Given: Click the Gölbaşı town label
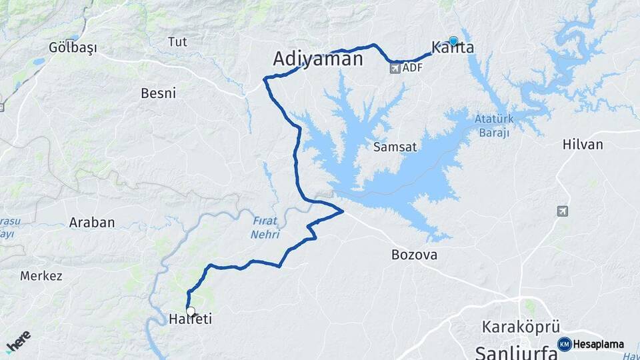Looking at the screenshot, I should coord(73,47).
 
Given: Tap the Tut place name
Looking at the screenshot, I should coord(177,42).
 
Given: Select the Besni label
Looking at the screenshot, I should coord(158,93).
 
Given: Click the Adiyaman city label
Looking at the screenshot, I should coord(317,59).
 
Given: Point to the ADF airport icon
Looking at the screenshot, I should coord(394,68).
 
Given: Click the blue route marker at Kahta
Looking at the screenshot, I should coord(453,41).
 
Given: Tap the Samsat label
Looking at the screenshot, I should coord(391,146).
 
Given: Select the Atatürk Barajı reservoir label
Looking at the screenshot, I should coord(492,126).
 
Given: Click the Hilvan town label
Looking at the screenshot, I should coord(582,144).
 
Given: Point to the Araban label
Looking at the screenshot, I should coord(92,223).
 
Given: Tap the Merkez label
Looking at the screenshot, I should coord(41,275).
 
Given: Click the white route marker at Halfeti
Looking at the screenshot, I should coord(191,311).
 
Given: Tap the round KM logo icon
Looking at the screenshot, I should coord(564,344).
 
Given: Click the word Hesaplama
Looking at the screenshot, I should coord(599,345).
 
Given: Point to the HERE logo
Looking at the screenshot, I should coord(19,341).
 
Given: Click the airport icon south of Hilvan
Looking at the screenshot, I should coord(563,211).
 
